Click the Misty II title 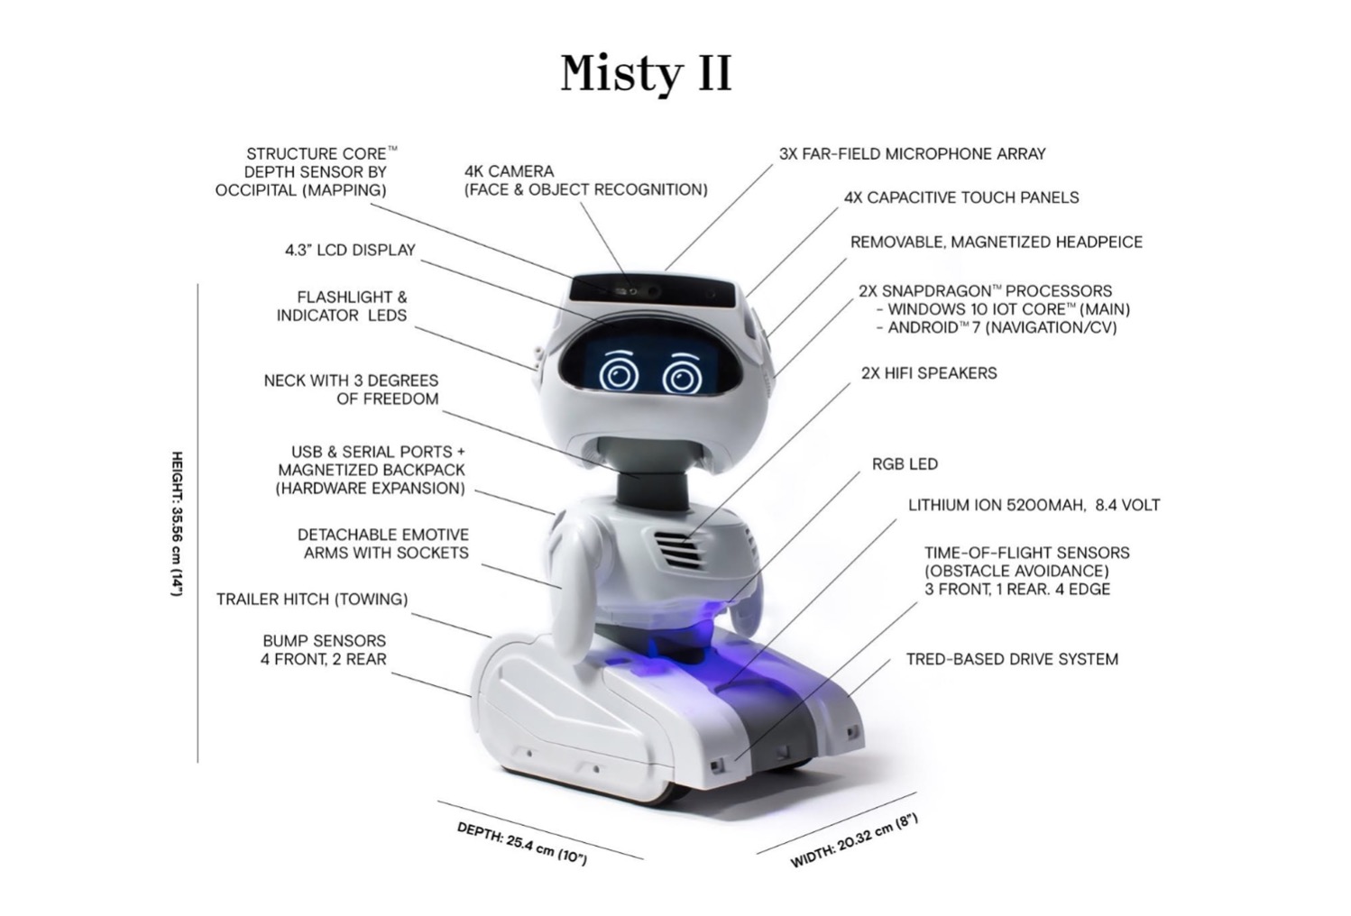pos(646,74)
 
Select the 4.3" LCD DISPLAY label pos(351,250)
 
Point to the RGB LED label pos(905,463)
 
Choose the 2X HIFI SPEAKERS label pos(929,373)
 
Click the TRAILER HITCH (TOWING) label pos(312,599)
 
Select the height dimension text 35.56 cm pos(177,525)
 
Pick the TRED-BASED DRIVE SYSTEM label pos(1012,659)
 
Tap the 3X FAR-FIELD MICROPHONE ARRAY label pos(912,154)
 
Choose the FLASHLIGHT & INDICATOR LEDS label pos(342,306)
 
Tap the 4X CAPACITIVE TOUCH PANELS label pos(961,197)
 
